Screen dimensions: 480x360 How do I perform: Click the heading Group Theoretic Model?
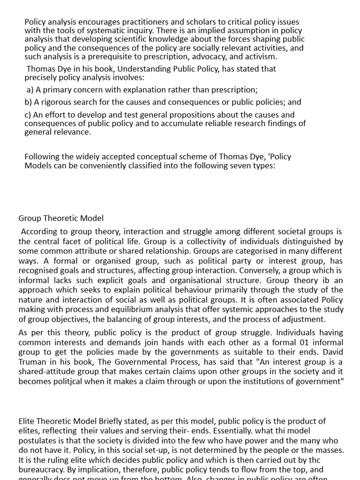click(x=61, y=218)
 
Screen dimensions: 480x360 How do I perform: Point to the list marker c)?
click(x=29, y=114)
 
